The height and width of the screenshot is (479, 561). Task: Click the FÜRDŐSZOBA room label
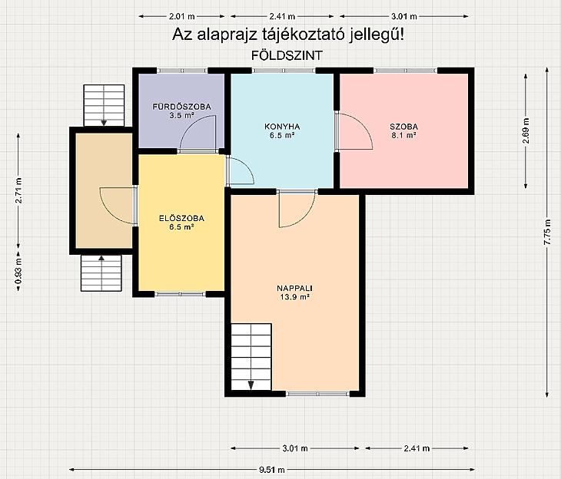(x=181, y=107)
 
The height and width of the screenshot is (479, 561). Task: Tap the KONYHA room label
(x=282, y=127)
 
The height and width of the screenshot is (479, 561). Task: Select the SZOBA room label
(x=403, y=127)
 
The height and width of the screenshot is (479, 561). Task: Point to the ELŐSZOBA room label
(x=181, y=218)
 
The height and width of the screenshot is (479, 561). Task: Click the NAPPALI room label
(x=294, y=288)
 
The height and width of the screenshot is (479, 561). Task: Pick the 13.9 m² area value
(x=294, y=297)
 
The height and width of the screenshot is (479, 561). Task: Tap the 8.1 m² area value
(x=403, y=135)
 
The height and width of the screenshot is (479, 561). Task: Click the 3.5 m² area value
(x=181, y=115)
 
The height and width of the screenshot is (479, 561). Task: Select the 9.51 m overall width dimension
(x=272, y=470)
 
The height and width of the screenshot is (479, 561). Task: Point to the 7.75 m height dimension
(x=547, y=232)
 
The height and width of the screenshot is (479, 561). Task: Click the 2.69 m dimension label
(x=526, y=130)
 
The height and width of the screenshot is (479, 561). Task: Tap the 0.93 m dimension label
(x=18, y=271)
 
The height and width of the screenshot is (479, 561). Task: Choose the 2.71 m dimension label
(x=18, y=190)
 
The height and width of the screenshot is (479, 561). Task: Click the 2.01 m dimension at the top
(x=182, y=16)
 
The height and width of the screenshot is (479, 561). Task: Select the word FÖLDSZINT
(x=287, y=55)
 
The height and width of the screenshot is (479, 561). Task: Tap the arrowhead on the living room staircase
(x=251, y=385)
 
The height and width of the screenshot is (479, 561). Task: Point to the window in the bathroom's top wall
(x=182, y=71)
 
